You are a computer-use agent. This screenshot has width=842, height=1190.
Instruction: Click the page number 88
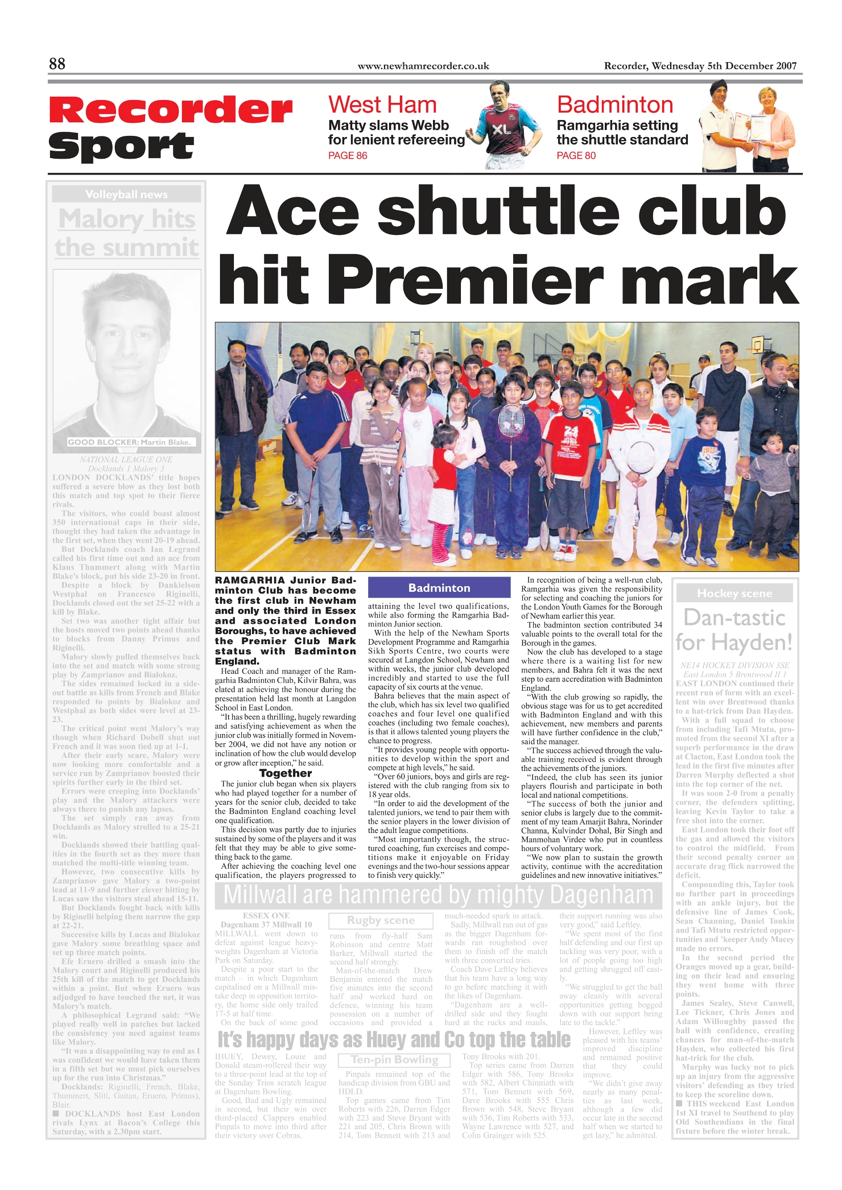coord(57,64)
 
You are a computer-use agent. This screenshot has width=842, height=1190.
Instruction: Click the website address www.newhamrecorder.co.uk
coord(423,66)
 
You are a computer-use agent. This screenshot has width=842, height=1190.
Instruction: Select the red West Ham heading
coord(382,105)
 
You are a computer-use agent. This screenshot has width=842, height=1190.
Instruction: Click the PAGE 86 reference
coord(348,156)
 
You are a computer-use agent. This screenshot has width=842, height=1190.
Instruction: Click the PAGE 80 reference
coord(576,156)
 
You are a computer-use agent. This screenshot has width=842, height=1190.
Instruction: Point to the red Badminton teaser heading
coord(615,105)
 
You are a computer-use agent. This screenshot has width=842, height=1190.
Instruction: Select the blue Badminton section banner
coord(439,588)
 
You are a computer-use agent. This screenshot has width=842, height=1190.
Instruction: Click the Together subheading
coord(286,773)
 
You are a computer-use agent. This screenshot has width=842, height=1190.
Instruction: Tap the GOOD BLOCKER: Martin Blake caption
coord(130,442)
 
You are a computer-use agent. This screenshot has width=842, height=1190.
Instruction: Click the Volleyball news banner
coord(126,194)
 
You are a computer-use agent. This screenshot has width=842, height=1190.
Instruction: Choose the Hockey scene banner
coord(734,594)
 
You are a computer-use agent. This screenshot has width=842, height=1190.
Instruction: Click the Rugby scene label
coord(381,921)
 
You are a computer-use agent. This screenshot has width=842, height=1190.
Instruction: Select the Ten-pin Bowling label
coord(395,1060)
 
